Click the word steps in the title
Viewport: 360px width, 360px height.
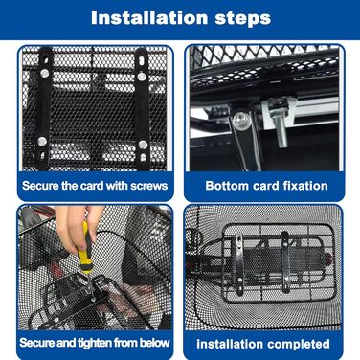tap(243, 18)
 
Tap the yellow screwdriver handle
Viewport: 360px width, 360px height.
tap(85, 249)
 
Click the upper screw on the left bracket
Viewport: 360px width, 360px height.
tap(45, 73)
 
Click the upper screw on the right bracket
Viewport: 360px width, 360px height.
tap(142, 77)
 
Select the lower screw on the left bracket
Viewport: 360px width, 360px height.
tap(42, 141)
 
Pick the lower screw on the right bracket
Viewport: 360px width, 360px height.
tap(143, 145)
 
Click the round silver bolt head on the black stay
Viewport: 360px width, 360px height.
tap(240, 120)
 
